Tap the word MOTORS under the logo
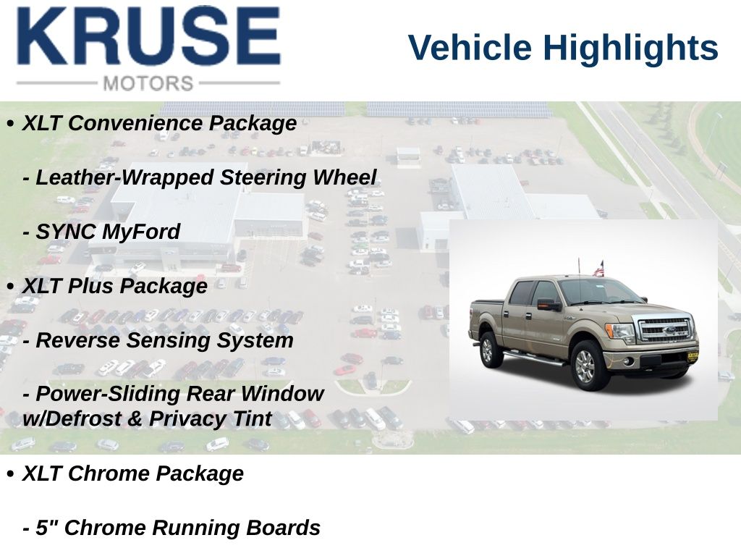point(148,84)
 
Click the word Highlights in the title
point(630,49)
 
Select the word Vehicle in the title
point(470,48)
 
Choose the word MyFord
point(141,232)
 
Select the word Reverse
point(77,340)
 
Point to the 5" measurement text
point(46,527)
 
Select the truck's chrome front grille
point(664,329)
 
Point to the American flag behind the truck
point(598,269)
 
